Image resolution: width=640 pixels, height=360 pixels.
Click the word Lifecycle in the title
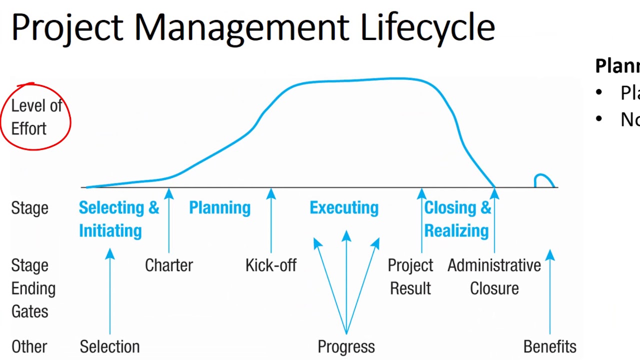click(427, 27)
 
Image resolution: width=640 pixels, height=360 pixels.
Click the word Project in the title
click(67, 27)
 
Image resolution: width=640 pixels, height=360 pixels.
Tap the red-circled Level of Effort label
click(36, 117)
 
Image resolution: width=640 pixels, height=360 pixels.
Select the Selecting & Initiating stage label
click(118, 219)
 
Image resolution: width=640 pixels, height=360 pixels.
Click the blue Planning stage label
click(219, 207)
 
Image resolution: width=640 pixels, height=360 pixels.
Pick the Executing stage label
click(344, 207)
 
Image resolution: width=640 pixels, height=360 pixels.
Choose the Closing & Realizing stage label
click(457, 219)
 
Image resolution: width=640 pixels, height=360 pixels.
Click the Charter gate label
click(168, 265)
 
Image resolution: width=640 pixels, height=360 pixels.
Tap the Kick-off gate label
click(271, 265)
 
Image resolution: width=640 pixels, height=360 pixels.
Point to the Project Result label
click(410, 276)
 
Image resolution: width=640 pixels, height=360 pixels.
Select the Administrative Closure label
click(494, 276)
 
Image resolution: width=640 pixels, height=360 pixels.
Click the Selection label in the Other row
click(109, 346)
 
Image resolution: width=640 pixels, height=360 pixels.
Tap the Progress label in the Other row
click(346, 346)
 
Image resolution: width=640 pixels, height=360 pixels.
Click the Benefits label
click(549, 346)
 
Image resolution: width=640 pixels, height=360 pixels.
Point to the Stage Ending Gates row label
click(33, 288)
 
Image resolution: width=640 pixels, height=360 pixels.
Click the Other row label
click(29, 346)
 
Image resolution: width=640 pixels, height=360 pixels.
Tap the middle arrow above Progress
click(346, 280)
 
